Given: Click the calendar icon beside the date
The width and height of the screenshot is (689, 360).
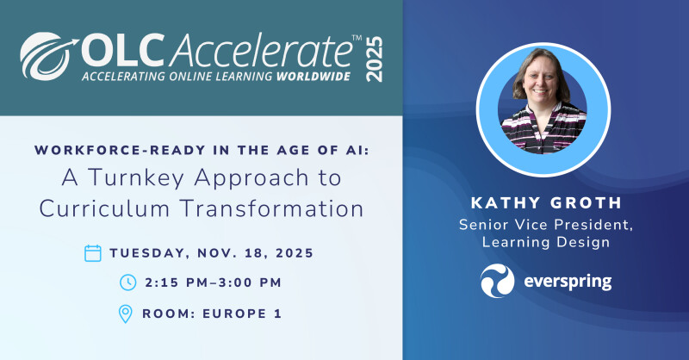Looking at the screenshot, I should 93,253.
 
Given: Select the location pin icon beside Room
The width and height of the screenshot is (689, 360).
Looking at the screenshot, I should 126,313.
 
